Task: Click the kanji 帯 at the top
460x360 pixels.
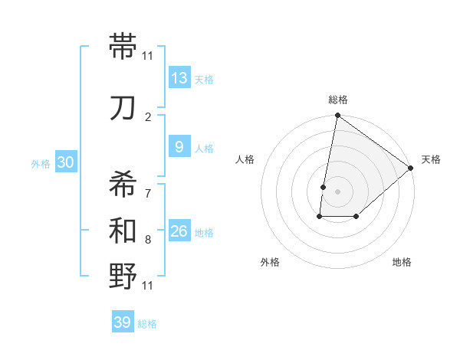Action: click(124, 47)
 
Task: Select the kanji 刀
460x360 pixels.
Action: click(124, 108)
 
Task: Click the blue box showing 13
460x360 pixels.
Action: click(179, 78)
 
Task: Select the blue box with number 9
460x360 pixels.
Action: click(179, 147)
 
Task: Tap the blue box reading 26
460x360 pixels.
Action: click(179, 231)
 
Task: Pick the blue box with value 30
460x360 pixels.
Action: click(65, 162)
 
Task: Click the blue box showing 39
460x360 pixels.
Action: click(122, 322)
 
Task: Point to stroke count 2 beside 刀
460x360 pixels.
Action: click(148, 117)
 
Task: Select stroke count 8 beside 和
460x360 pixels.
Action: click(148, 240)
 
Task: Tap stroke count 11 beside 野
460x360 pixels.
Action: click(148, 286)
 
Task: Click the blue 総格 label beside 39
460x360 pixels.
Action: click(147, 324)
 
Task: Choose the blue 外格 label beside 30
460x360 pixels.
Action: click(41, 163)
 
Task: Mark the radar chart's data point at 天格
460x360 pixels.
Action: click(411, 168)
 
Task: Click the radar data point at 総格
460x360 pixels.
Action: click(337, 116)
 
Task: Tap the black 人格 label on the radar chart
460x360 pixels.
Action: click(245, 159)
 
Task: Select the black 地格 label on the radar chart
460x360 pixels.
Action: click(402, 262)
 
